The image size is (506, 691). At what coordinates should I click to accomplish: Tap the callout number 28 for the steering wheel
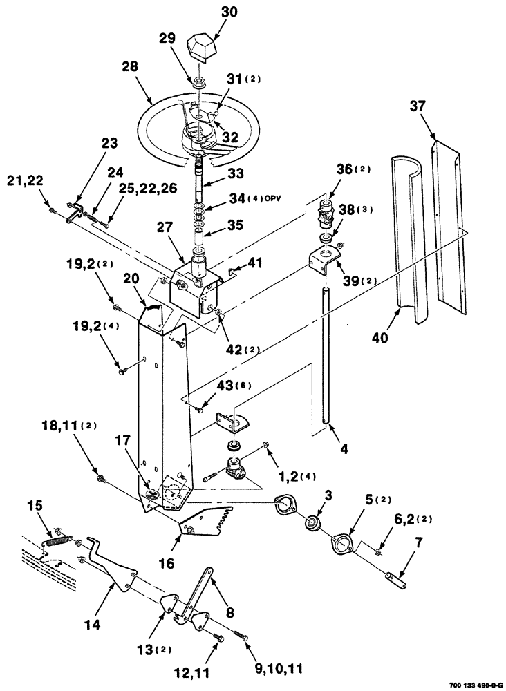[x=130, y=67]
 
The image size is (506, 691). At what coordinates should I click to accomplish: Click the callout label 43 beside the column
[x=215, y=386]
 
